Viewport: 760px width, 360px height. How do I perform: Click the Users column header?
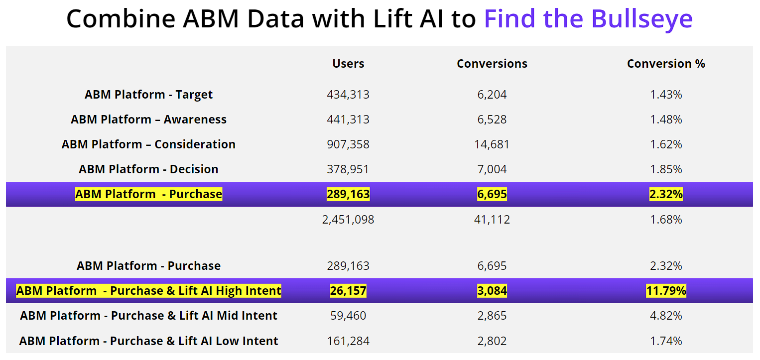click(x=348, y=64)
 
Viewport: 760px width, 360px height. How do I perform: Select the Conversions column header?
click(x=492, y=64)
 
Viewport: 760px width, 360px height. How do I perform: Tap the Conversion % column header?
click(x=666, y=64)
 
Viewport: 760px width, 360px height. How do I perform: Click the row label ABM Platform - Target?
click(x=148, y=95)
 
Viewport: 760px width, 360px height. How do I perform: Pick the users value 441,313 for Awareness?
click(x=348, y=120)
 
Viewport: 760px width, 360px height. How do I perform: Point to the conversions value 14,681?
click(x=492, y=144)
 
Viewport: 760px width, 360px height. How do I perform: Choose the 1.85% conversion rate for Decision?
click(x=666, y=169)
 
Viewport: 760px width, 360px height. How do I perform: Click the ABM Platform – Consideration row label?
click(x=148, y=144)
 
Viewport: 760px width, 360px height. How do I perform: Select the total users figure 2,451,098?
click(x=348, y=220)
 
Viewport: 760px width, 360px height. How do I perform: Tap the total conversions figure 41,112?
click(x=492, y=220)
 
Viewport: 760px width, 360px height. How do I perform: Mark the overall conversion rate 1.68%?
click(x=666, y=220)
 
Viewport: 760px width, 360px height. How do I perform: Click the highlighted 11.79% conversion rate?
click(x=666, y=291)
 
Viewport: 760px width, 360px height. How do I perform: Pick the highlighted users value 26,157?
click(x=348, y=291)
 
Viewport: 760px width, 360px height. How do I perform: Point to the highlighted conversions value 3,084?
click(x=492, y=291)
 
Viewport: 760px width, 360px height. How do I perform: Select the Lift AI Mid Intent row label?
click(x=148, y=316)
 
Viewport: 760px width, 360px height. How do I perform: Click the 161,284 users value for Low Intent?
click(x=348, y=341)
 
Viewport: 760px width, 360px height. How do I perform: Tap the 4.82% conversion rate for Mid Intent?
click(x=666, y=316)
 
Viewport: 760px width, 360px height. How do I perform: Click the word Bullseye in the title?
click(x=642, y=19)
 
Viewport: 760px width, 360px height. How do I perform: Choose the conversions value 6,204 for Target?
click(x=492, y=95)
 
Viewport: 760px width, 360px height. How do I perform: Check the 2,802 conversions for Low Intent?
click(x=492, y=341)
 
